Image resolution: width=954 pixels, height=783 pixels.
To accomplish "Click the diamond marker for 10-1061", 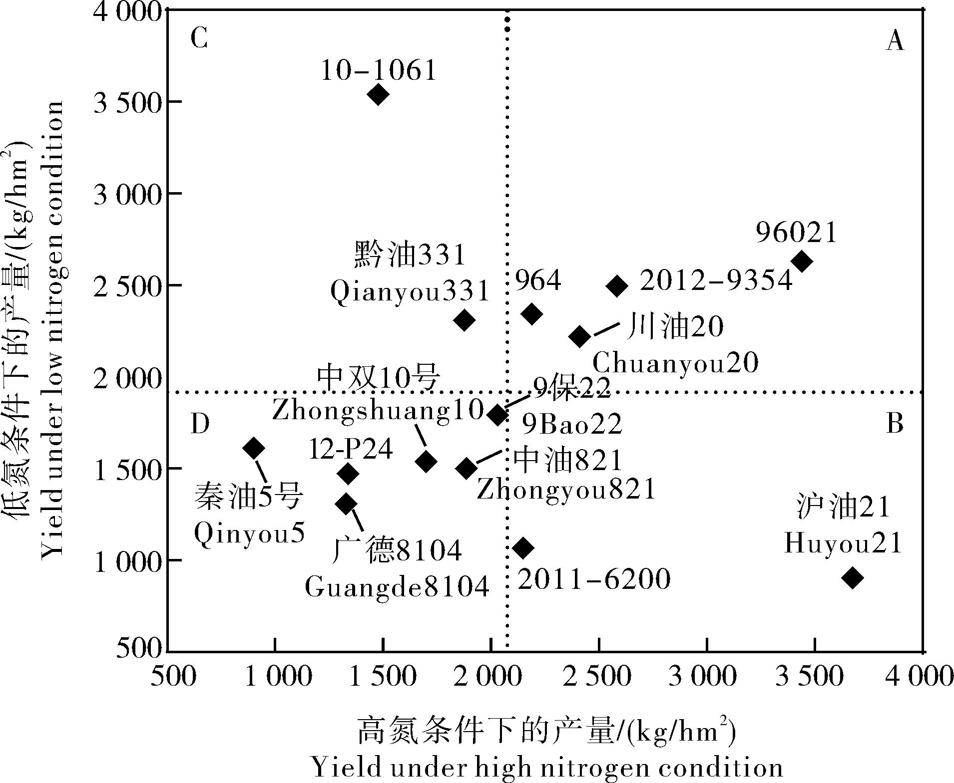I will tap(378, 94).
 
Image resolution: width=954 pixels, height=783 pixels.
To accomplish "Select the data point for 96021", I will tap(802, 261).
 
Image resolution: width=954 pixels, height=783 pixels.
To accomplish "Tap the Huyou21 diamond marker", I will tap(852, 578).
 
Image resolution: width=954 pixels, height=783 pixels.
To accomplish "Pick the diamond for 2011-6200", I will tap(523, 548).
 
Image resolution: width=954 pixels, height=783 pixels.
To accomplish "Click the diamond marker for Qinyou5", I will tap(253, 448).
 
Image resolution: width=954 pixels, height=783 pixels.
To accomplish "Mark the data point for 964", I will tap(531, 314).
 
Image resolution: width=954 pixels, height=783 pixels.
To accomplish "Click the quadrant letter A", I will tap(895, 41).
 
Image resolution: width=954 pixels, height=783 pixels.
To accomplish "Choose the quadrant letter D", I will tap(200, 424).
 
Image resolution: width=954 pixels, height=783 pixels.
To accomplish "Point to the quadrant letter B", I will tap(895, 424).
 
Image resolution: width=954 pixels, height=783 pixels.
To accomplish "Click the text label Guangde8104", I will tap(397, 587).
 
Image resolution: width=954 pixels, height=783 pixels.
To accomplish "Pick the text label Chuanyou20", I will tap(675, 363).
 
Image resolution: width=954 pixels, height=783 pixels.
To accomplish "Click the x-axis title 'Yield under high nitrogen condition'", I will tap(547, 767).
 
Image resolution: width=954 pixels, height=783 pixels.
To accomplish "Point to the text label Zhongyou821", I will tap(566, 490).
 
